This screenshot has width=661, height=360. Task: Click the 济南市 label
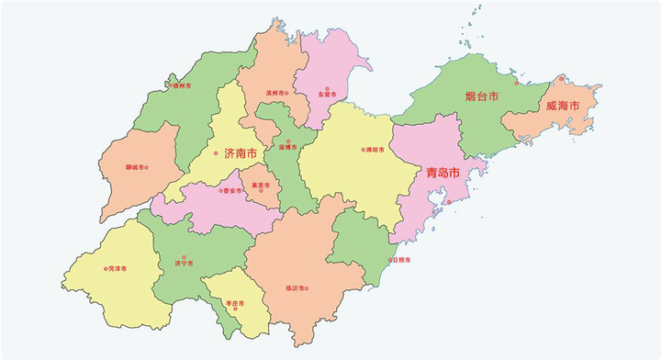[241, 153]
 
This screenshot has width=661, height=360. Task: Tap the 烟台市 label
[480, 96]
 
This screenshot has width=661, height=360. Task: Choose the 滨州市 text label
[274, 94]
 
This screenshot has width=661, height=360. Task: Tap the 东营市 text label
[327, 95]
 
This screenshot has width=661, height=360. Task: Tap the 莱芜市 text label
[262, 186]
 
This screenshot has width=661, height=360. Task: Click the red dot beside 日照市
[390, 260]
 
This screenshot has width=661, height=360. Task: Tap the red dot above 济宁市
[184, 257]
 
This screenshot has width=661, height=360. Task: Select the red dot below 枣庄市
[236, 308]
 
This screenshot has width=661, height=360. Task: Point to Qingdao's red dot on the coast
[449, 200]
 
